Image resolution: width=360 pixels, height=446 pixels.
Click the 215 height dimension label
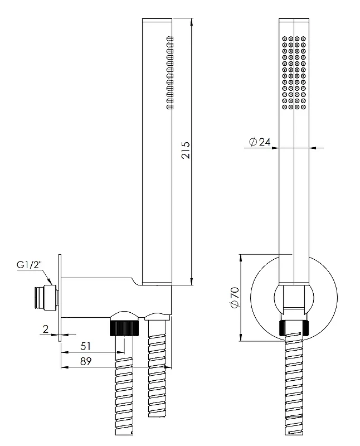186,150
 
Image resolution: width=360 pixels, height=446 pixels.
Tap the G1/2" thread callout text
30,265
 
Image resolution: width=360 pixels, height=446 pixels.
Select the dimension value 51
85,346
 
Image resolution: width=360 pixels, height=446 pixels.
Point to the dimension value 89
86,361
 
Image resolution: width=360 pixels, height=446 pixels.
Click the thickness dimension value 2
46,329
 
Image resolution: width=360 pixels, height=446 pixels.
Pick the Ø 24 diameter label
260,142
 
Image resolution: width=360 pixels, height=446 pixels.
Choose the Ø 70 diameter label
235,298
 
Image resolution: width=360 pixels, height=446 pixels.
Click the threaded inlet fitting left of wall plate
46,297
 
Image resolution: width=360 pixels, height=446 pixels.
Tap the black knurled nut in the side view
124,328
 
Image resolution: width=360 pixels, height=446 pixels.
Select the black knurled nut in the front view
294,328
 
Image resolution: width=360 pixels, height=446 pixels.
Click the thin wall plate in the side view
60,298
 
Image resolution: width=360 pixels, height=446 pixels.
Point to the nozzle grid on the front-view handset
294,72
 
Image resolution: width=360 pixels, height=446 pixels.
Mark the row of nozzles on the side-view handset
170,72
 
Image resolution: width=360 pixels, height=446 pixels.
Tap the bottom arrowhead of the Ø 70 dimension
241,338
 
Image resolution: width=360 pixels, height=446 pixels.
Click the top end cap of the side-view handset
157,20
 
